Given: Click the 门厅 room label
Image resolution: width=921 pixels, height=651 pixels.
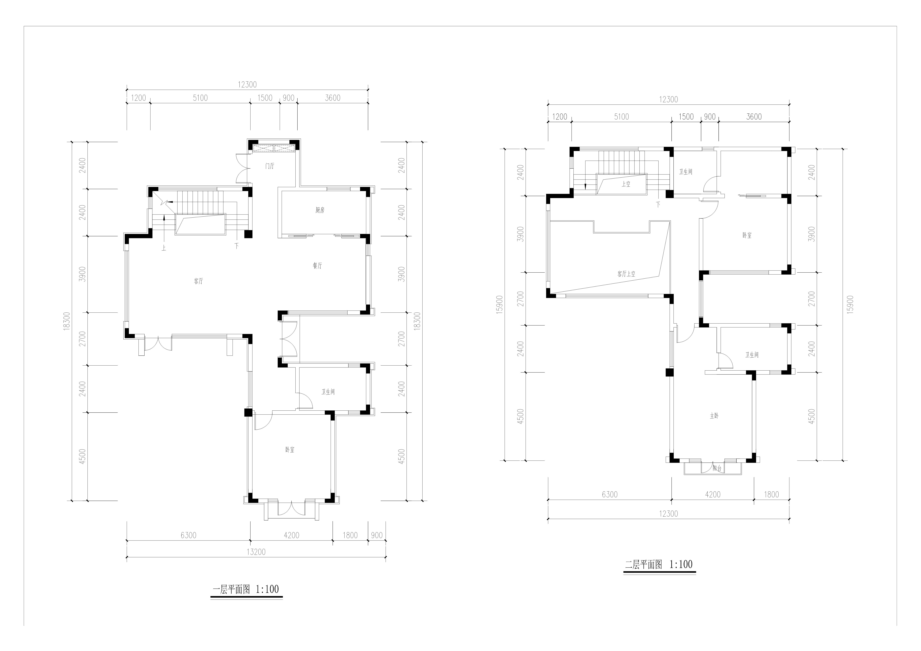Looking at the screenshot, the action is pos(270,166).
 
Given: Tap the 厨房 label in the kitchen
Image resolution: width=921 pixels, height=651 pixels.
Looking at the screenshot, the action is pos(320,210).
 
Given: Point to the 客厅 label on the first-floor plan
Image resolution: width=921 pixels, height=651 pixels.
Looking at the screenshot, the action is pos(199,281).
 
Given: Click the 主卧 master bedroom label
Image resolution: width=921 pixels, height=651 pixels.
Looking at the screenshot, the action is pos(714,416).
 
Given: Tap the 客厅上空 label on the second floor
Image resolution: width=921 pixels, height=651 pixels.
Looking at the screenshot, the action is pos(626,274).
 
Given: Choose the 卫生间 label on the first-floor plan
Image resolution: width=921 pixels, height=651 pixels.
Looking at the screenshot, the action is pos(328,392).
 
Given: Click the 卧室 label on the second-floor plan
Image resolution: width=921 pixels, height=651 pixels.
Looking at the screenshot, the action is pos(747,235).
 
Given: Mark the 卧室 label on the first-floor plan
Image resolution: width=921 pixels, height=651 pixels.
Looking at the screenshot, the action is pos(290,450).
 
